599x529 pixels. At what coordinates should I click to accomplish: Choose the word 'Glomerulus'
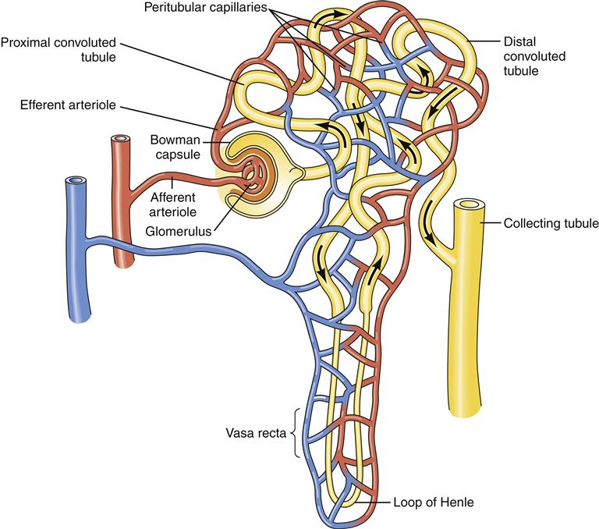pos(181,231)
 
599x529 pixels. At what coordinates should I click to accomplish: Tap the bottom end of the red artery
pos(123,264)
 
